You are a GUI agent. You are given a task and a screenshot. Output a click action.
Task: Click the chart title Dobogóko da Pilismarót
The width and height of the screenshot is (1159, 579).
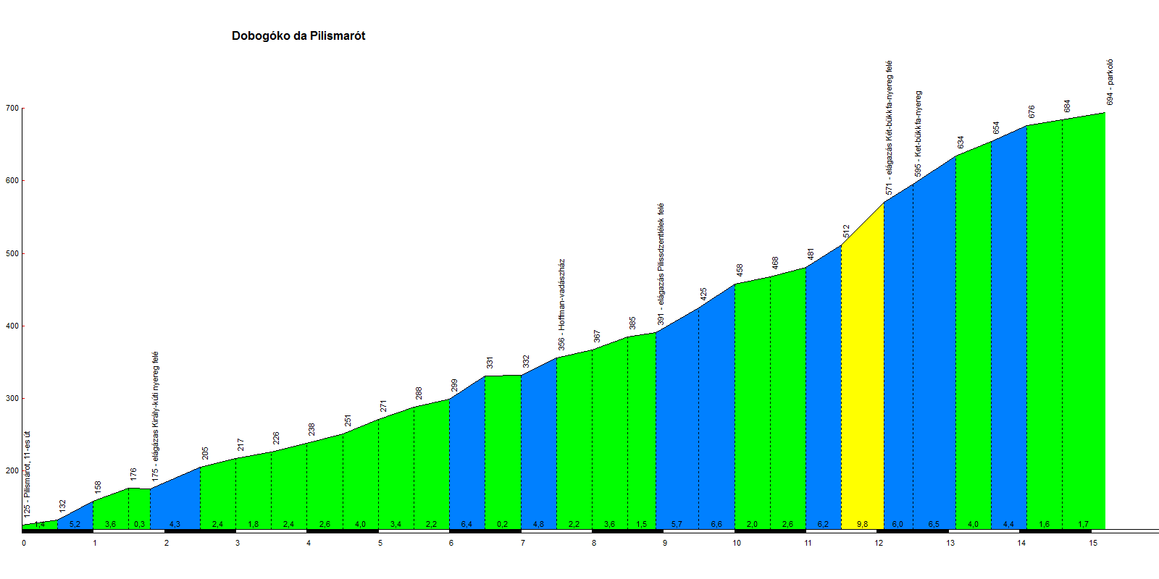click(x=298, y=36)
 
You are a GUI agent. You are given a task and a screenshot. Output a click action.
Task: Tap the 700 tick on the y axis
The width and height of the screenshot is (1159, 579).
click(x=12, y=109)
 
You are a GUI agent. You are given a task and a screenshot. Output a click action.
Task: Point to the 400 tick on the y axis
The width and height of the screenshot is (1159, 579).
click(x=12, y=326)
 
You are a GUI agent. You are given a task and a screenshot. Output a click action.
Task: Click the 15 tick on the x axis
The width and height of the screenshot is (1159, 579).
click(x=1093, y=543)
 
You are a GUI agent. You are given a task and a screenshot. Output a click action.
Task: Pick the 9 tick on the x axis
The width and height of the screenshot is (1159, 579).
click(x=665, y=543)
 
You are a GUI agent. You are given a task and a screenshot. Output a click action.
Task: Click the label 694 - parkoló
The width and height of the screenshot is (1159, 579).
click(x=1110, y=83)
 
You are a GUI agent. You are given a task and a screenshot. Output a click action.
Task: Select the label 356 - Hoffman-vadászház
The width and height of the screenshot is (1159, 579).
click(x=561, y=305)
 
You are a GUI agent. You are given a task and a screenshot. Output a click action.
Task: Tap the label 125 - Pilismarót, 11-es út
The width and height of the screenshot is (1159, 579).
click(x=28, y=473)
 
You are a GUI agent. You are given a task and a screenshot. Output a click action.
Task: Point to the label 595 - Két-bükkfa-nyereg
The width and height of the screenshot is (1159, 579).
click(x=918, y=134)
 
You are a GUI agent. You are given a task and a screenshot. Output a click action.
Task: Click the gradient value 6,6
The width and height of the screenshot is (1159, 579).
click(x=716, y=524)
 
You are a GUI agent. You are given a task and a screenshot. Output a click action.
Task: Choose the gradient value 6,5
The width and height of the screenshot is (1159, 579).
click(x=934, y=524)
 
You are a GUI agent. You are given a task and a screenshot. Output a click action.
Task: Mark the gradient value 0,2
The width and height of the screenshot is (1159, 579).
click(x=502, y=524)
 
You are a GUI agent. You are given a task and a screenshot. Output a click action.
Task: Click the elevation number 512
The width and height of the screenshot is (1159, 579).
click(x=846, y=232)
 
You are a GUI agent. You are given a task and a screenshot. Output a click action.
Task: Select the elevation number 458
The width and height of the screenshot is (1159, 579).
click(x=740, y=270)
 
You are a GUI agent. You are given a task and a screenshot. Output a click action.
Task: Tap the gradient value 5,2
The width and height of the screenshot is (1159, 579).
click(x=75, y=524)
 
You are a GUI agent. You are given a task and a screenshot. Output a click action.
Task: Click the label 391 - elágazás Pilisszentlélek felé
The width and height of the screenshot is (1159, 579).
click(x=661, y=264)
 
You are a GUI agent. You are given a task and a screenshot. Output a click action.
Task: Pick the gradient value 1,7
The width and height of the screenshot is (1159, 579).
click(x=1083, y=524)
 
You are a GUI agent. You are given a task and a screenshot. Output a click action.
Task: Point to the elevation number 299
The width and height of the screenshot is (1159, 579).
click(x=454, y=385)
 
